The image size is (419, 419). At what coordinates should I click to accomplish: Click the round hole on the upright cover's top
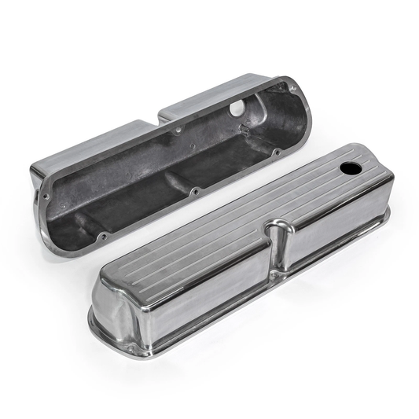point(348,168)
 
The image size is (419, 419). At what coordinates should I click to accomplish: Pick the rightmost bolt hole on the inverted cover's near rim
point(277,151)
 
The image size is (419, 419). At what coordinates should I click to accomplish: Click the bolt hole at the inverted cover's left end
point(46,197)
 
